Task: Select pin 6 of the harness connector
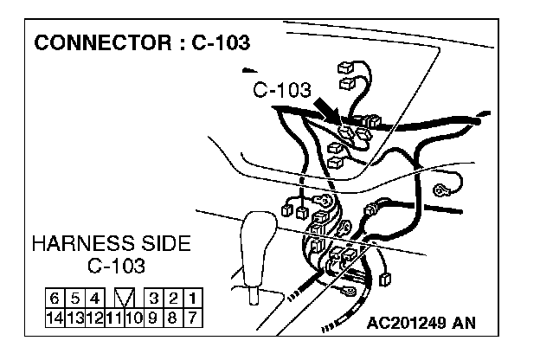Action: pos(55,299)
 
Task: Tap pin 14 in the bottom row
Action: pos(55,316)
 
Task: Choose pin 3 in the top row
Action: pos(152,299)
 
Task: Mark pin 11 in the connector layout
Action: pos(113,316)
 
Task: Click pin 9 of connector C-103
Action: pos(152,316)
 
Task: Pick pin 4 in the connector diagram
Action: pos(94,299)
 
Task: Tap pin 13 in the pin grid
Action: pos(74,316)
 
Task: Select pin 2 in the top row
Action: pos(173,299)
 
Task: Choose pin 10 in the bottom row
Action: pos(132,316)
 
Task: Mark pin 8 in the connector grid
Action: pos(173,316)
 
